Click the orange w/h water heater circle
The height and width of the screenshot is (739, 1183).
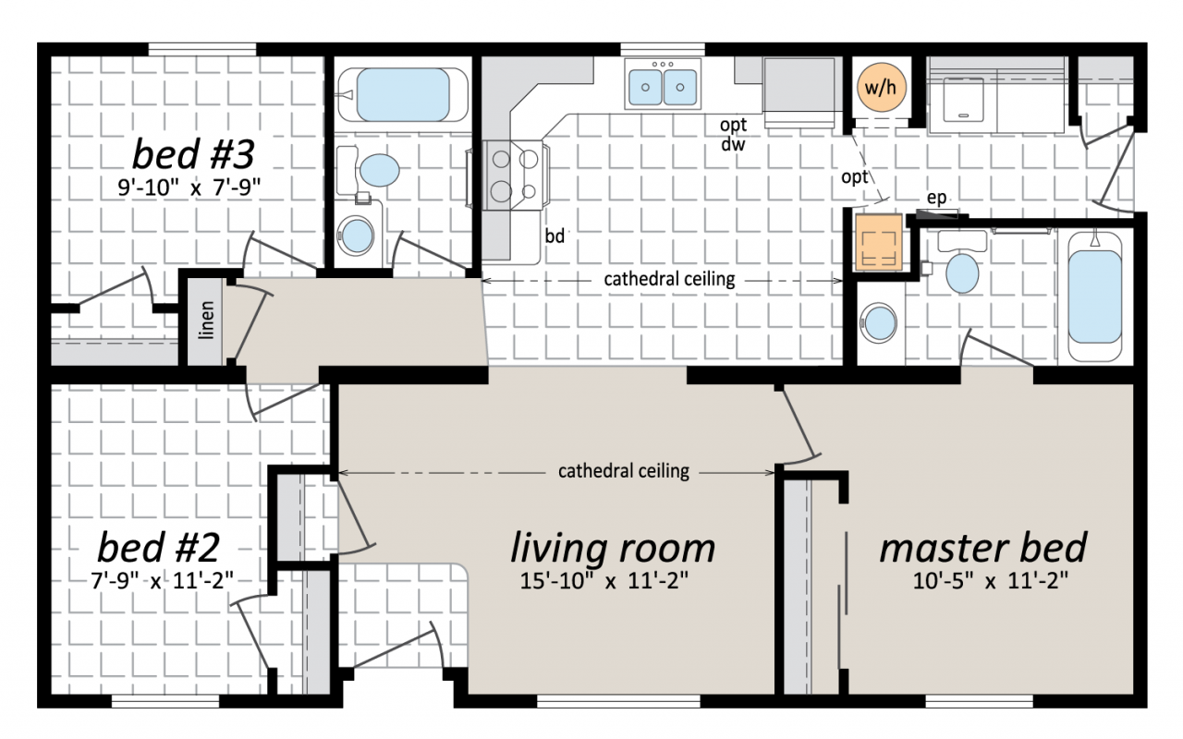pos(881,87)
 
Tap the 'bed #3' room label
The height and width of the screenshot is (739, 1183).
pos(193,153)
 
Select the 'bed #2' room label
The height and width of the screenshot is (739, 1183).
pos(158,548)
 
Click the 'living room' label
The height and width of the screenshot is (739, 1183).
pos(613,548)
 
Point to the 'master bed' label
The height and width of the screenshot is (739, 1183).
pos(983,548)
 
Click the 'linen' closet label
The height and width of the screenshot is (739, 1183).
pos(206,320)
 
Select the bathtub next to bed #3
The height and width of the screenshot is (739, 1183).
pos(403,95)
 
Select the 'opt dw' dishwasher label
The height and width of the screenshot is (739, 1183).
pos(733,134)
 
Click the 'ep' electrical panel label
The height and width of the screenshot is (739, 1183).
pos(936,198)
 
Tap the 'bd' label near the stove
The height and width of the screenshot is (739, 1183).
pos(555,236)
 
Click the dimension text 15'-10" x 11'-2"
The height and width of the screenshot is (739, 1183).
pos(604,581)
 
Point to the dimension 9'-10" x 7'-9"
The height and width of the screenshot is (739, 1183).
pos(189,188)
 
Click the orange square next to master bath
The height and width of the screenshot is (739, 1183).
pos(879,242)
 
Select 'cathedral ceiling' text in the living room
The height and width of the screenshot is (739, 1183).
pos(624,471)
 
